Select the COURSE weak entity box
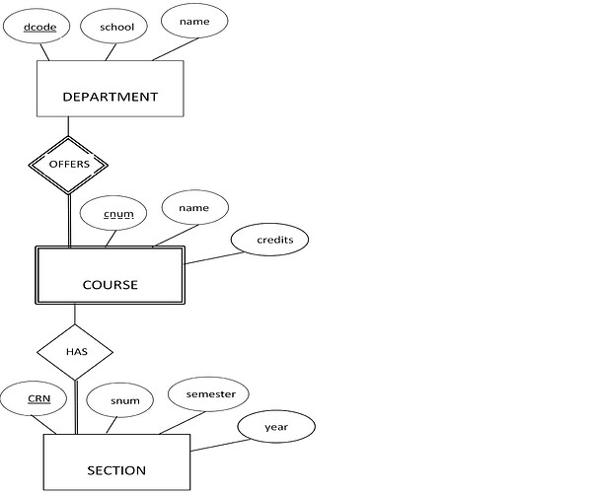(110, 284)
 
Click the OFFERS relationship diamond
(68, 164)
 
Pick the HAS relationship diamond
(75, 352)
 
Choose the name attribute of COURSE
(195, 208)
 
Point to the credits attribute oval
(269, 240)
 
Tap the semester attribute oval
(209, 394)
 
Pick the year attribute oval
(276, 428)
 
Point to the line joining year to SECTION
(214, 445)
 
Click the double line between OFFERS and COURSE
(69, 219)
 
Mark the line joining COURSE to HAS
(75, 316)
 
